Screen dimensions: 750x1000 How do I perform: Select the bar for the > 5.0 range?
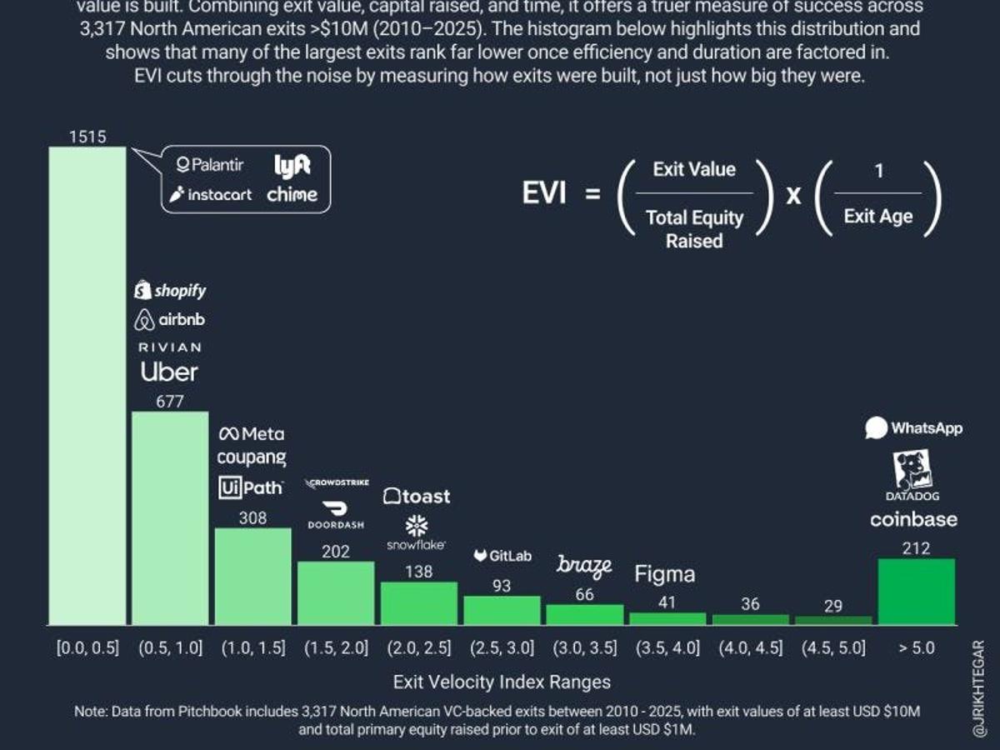[x=916, y=592]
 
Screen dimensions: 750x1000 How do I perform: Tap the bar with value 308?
[x=252, y=576]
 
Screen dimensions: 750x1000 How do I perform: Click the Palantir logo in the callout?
[x=210, y=165]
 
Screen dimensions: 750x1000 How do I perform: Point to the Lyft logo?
[x=292, y=165]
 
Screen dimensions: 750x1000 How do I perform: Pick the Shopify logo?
[x=170, y=290]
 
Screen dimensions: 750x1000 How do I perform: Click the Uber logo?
[x=169, y=372]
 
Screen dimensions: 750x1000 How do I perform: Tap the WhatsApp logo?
[x=913, y=428]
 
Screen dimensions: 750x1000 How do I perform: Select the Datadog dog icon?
[x=912, y=470]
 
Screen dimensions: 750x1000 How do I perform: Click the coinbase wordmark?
[x=913, y=520]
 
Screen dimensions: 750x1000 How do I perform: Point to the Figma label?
[x=664, y=574]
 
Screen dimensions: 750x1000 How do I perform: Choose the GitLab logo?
[x=502, y=556]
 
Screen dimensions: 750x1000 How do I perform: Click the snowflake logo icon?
[x=416, y=525]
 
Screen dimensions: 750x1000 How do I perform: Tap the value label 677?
[x=169, y=402]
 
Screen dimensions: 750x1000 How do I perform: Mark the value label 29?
[x=832, y=606]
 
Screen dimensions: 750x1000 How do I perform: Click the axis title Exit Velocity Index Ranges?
[x=502, y=682]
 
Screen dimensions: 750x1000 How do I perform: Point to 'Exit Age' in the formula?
[x=877, y=217]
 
